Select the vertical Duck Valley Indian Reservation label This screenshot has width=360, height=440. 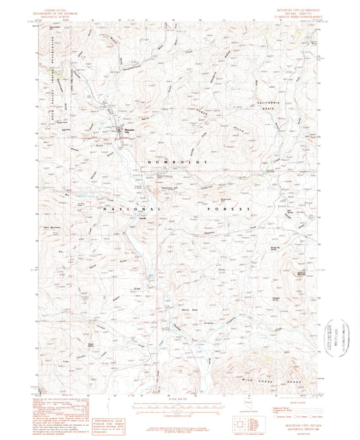[x=49, y=88]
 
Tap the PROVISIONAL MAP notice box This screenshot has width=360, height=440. [x=103, y=402]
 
